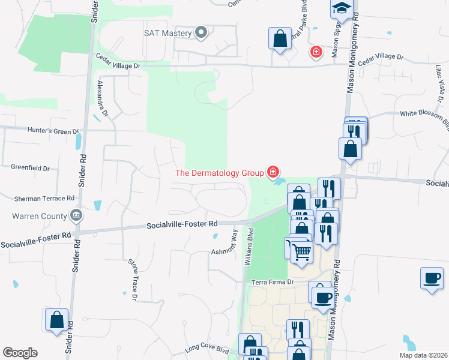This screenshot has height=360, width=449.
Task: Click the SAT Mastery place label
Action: pos(167,33)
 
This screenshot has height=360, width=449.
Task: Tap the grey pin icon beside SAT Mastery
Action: pos(201,33)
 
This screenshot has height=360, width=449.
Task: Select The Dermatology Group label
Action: pos(219,173)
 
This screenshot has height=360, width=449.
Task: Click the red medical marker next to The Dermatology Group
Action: pos(273,173)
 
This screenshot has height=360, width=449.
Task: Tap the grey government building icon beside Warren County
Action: pos(76,214)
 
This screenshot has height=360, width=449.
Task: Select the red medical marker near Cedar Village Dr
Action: pos(315,52)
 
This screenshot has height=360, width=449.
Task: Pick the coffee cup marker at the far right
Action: pos(431,278)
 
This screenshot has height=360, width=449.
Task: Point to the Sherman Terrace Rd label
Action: pos(45,197)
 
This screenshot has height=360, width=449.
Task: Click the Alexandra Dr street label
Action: pos(102,99)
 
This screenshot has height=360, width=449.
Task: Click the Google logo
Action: pos(20,353)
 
